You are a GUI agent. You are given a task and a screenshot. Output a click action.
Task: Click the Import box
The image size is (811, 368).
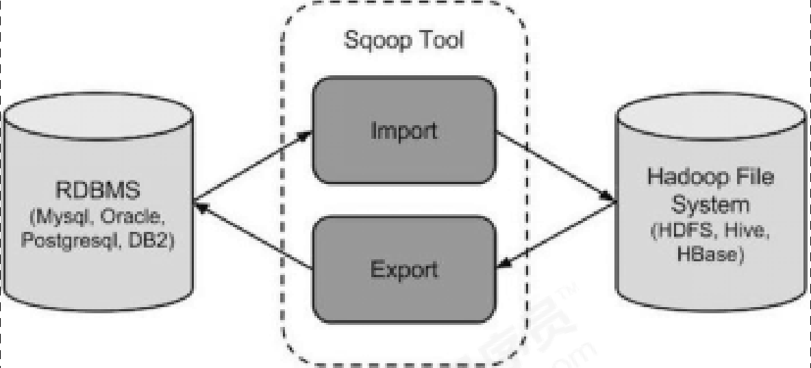coord(403,131)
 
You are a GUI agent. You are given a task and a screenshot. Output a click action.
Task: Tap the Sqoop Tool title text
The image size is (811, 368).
coord(403,40)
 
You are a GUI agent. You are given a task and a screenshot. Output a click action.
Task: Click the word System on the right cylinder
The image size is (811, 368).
coord(710,204)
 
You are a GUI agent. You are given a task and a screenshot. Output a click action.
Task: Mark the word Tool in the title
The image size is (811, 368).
coord(440,40)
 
